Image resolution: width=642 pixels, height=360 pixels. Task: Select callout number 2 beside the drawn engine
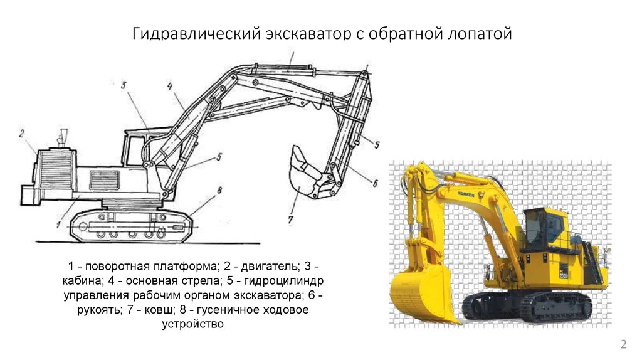click(22, 134)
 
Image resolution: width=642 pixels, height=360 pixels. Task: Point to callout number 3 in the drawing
click(124, 85)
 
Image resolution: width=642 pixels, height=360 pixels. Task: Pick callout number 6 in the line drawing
click(375, 184)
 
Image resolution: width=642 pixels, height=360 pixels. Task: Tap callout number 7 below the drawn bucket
click(290, 220)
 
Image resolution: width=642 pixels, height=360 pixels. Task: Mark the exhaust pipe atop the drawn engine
click(62, 138)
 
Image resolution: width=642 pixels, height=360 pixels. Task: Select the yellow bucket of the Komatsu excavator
click(422, 294)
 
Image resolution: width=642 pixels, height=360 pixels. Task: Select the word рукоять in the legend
click(100, 310)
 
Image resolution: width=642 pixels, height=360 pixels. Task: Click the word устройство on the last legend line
click(193, 324)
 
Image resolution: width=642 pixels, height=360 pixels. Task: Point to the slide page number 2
click(624, 344)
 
